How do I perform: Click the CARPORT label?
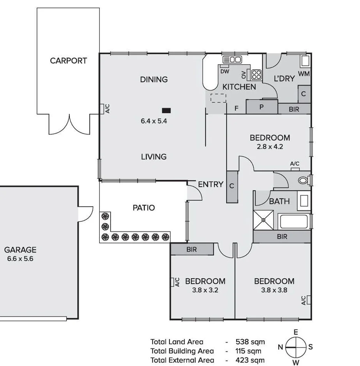(68, 61)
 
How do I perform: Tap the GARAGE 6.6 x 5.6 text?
(20, 254)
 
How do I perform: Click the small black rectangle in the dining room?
(167, 110)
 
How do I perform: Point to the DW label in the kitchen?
(225, 71)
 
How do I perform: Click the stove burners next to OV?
(256, 74)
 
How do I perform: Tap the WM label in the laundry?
(304, 74)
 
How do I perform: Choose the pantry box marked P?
(262, 107)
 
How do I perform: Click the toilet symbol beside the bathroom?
(303, 180)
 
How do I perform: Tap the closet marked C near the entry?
(232, 186)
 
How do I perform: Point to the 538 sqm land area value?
(250, 342)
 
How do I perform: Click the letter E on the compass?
(296, 332)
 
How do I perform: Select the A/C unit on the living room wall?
(102, 109)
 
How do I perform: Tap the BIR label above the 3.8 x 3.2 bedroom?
(192, 249)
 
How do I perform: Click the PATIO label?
(144, 208)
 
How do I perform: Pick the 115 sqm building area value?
(250, 351)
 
